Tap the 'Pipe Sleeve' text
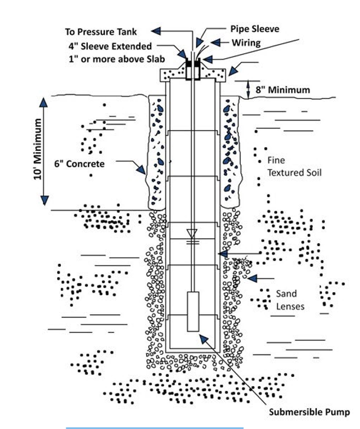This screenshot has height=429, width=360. (x=254, y=29)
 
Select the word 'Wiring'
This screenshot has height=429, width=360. (x=246, y=43)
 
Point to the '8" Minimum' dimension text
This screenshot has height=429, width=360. (x=283, y=90)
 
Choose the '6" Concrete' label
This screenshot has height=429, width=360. (x=79, y=164)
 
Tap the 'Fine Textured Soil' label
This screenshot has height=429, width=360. (x=294, y=166)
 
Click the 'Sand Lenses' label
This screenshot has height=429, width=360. (x=290, y=300)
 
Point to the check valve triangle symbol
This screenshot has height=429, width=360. (x=192, y=233)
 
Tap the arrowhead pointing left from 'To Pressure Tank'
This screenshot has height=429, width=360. (x=157, y=31)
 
